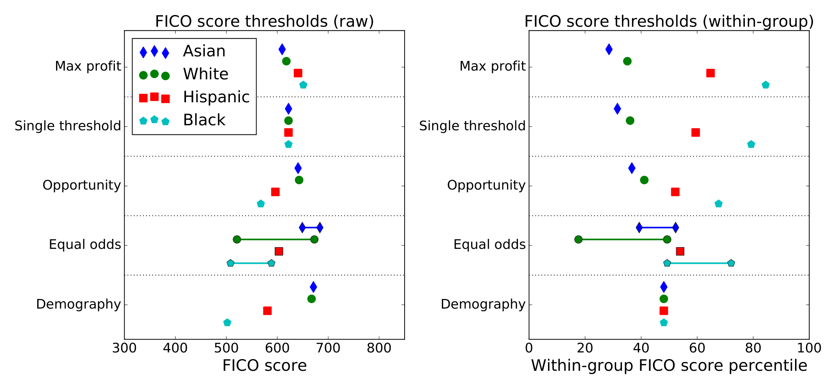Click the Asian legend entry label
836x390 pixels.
tap(204, 51)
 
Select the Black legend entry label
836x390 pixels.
tap(204, 120)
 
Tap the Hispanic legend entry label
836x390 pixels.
tap(216, 97)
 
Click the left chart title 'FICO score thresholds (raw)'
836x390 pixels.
tap(264, 21)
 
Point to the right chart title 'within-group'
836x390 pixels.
tap(669, 21)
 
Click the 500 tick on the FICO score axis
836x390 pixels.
tap(226, 348)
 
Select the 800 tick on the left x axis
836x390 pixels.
tap(379, 348)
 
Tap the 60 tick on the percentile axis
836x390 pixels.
tap(697, 348)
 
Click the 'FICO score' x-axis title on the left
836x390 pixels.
tap(264, 366)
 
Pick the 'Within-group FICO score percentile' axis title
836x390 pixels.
tap(669, 366)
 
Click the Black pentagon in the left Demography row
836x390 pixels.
tap(227, 323)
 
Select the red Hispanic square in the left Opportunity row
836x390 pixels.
tap(275, 192)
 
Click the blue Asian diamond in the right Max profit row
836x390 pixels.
tap(609, 49)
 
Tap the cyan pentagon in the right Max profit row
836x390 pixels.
tap(765, 85)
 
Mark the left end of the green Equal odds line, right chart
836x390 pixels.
tap(578, 239)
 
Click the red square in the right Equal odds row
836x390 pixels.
tap(680, 251)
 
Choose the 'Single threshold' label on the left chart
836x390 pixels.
tap(68, 126)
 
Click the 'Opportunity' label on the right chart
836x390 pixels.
tap(486, 185)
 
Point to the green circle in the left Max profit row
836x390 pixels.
tap(286, 61)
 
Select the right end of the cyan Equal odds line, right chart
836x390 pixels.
tap(731, 263)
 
